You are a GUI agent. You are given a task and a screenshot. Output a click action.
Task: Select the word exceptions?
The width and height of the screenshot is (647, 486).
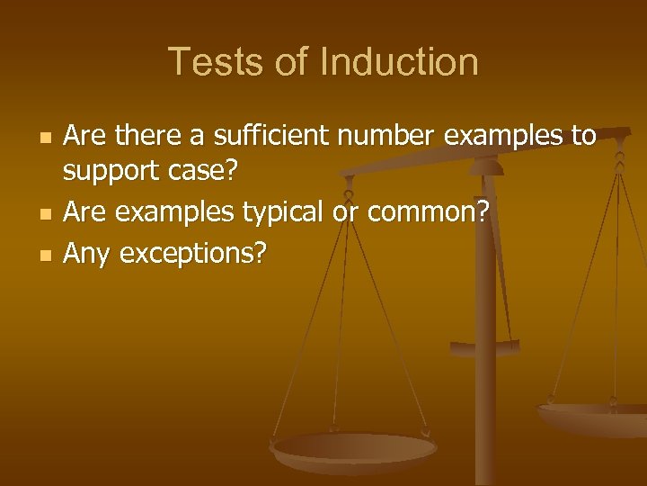pos(192,256)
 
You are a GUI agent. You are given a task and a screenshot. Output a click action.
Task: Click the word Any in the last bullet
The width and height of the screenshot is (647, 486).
pos(87,256)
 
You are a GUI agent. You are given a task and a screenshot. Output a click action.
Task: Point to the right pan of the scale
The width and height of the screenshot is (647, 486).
pos(592,415)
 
